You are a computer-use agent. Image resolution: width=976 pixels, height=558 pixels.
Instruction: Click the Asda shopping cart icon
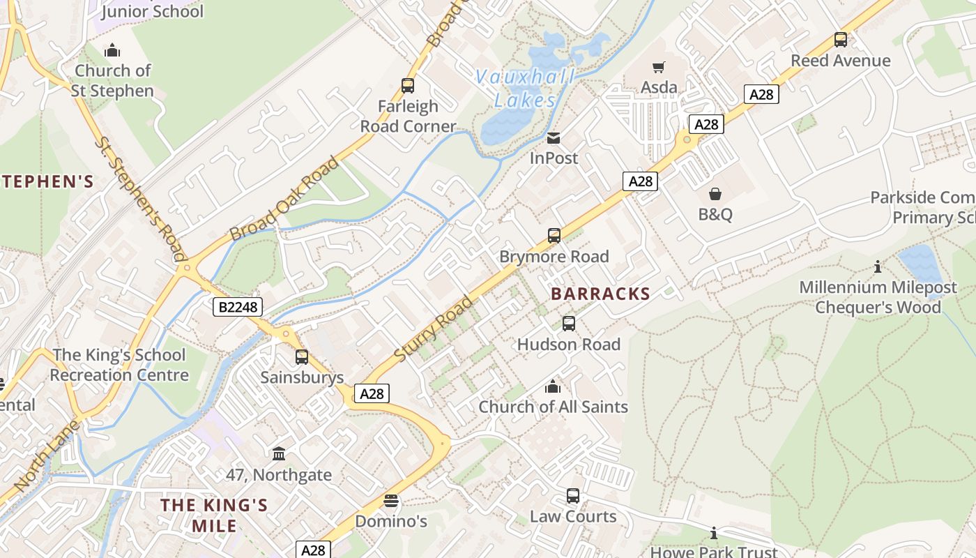pyautogui.click(x=659, y=67)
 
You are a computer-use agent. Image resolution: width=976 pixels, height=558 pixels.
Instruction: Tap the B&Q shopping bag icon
pyautogui.click(x=715, y=193)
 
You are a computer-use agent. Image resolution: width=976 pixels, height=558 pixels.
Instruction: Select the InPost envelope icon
pyautogui.click(x=554, y=138)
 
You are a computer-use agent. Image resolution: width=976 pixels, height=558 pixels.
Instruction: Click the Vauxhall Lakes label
pyautogui.click(x=525, y=89)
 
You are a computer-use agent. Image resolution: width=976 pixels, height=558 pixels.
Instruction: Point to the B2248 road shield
pyautogui.click(x=236, y=307)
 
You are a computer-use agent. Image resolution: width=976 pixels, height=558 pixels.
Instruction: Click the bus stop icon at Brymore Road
pyautogui.click(x=554, y=236)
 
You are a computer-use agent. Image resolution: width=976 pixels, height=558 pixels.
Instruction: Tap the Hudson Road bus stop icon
pyautogui.click(x=569, y=324)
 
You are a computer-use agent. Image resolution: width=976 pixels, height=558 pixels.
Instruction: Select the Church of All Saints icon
pyautogui.click(x=553, y=386)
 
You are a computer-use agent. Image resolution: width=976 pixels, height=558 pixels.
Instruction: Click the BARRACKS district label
pyautogui.click(x=600, y=294)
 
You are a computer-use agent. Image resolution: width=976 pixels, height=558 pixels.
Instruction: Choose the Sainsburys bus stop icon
pyautogui.click(x=302, y=357)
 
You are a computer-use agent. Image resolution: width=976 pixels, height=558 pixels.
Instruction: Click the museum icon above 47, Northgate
pyautogui.click(x=279, y=454)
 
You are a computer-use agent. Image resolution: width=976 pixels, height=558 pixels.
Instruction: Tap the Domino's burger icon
pyautogui.click(x=391, y=501)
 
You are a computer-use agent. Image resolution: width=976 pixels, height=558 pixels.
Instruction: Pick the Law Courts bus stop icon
pyautogui.click(x=573, y=496)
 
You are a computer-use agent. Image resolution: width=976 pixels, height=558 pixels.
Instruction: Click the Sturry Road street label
pyautogui.click(x=434, y=329)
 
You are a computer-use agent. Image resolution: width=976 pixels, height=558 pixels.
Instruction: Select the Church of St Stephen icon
pyautogui.click(x=112, y=50)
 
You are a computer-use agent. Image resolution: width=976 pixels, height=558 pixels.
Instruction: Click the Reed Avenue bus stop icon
pyautogui.click(x=841, y=40)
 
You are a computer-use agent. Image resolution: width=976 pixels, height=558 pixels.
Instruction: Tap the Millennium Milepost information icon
pyautogui.click(x=878, y=266)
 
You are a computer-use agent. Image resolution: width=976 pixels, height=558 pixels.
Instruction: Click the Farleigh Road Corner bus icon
pyautogui.click(x=408, y=86)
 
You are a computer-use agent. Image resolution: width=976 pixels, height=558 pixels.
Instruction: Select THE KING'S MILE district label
pyautogui.click(x=214, y=515)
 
